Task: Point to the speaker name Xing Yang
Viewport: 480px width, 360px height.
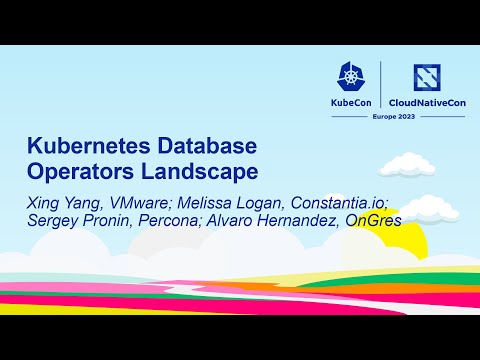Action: click(x=60, y=203)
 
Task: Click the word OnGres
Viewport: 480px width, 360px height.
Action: click(x=372, y=222)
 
